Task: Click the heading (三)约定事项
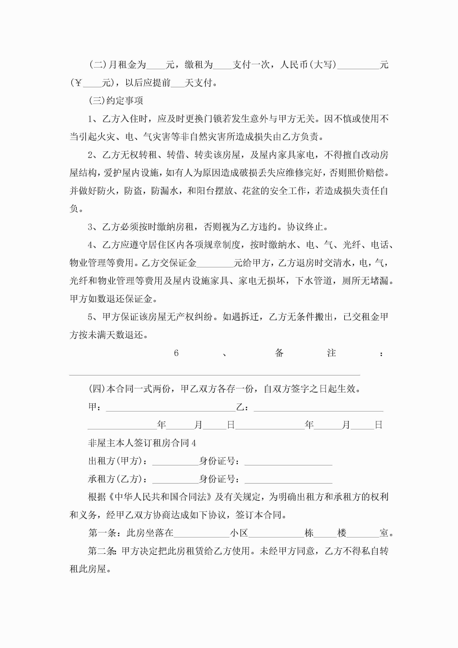pyautogui.click(x=116, y=100)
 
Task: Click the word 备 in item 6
pyautogui.click(x=279, y=353)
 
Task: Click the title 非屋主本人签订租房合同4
pyautogui.click(x=142, y=443)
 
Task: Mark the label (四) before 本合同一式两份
pyautogui.click(x=97, y=389)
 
